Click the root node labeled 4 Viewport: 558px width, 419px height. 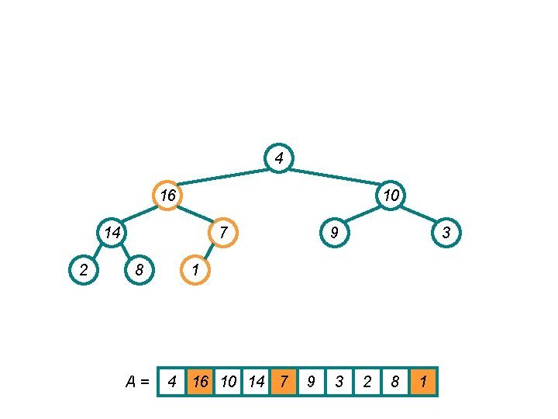pos(279,159)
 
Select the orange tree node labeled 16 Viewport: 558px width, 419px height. pos(167,196)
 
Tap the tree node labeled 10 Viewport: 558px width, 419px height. pos(391,196)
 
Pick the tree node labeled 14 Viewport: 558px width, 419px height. pos(112,232)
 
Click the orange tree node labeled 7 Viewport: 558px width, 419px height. pos(222,232)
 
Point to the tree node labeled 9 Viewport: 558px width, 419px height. pos(334,232)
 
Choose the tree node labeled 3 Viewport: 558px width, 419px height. pos(446,232)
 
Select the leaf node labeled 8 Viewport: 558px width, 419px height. pos(139,269)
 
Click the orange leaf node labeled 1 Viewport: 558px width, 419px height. pos(195,269)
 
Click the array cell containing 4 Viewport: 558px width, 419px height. pos(172,382)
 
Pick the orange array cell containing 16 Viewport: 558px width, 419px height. pos(201,382)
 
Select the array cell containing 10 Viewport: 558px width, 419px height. pos(229,382)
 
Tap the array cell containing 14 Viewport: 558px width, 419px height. pos(257,382)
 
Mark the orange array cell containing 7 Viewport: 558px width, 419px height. pos(284,382)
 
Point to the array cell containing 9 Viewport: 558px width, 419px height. pos(312,382)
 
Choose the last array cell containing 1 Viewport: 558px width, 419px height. pos(424,382)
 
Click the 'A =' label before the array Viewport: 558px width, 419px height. pos(137,382)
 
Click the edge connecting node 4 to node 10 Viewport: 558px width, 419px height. pos(335,177)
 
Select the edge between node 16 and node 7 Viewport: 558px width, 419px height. pos(195,213)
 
